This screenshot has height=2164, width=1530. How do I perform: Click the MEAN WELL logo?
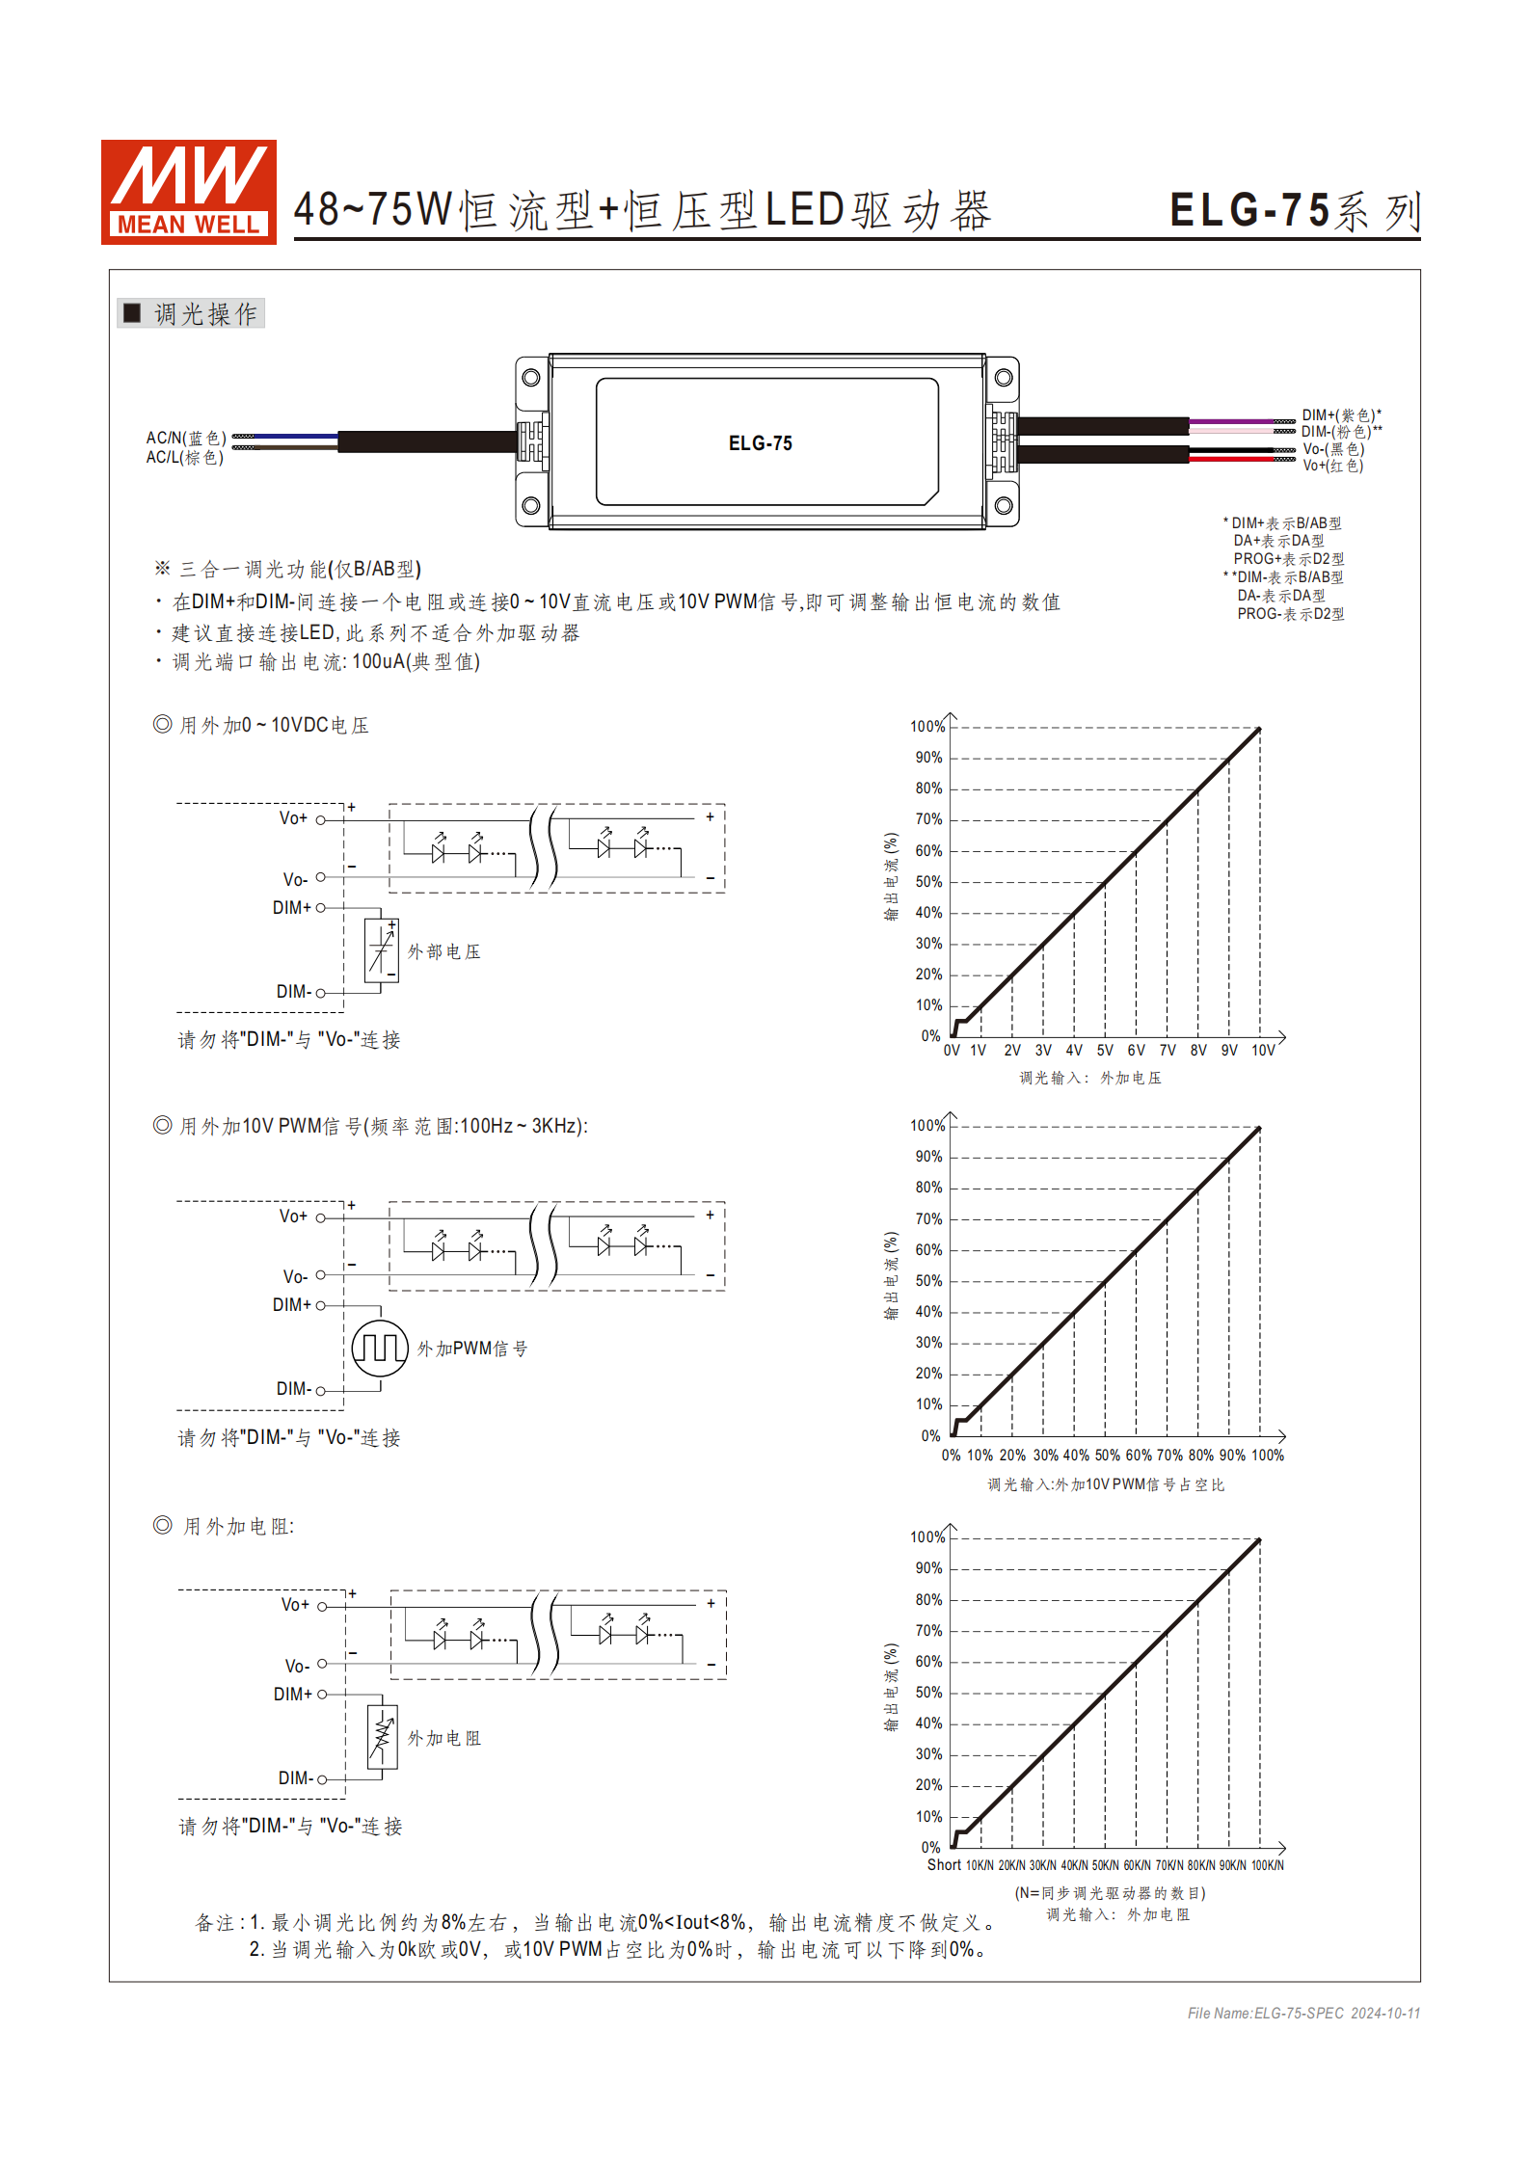[189, 192]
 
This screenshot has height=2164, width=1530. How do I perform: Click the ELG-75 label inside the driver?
[760, 443]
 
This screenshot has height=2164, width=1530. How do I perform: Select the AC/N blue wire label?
[186, 438]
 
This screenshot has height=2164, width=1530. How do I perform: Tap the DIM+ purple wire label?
[1341, 415]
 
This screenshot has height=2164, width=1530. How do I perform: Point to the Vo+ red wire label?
[1332, 466]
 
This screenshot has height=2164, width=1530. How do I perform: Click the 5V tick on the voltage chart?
[1105, 1051]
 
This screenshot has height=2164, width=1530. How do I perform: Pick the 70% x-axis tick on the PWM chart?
[1168, 1456]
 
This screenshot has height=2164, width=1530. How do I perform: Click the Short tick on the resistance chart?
[944, 1865]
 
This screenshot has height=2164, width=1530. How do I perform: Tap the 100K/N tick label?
[1267, 1866]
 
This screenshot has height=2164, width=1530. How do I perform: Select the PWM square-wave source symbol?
[380, 1348]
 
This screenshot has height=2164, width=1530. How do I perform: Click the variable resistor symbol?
[382, 1737]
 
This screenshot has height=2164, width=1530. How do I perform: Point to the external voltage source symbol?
[381, 950]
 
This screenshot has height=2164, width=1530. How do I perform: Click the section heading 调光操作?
[204, 314]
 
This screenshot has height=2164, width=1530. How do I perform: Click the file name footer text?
[1302, 2013]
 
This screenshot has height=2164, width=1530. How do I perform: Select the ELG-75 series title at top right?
[1294, 211]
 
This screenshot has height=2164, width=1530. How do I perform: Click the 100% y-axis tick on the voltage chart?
[926, 727]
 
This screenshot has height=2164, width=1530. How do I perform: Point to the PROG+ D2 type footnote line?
[1288, 559]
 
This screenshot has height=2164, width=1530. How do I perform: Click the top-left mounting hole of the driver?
[530, 378]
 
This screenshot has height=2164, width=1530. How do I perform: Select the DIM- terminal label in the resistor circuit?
[295, 1778]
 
